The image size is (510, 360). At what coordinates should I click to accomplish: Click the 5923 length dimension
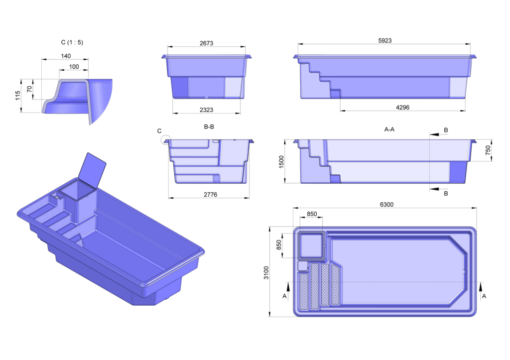(x=384, y=41)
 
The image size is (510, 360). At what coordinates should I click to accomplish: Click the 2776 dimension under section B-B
(x=209, y=194)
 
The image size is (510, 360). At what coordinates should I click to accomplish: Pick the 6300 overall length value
(x=384, y=204)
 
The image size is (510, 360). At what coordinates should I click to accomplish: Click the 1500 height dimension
(x=281, y=162)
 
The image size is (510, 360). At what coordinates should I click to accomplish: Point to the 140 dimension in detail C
(x=65, y=56)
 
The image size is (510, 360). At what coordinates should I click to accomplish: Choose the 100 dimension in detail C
(x=74, y=66)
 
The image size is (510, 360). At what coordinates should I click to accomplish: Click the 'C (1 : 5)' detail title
(x=69, y=42)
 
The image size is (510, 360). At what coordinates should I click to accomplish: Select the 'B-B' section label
(x=209, y=127)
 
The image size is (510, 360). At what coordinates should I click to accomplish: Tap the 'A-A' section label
(x=389, y=129)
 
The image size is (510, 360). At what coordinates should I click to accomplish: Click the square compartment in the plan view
(x=310, y=245)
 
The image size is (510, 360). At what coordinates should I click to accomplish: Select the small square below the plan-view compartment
(x=302, y=266)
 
